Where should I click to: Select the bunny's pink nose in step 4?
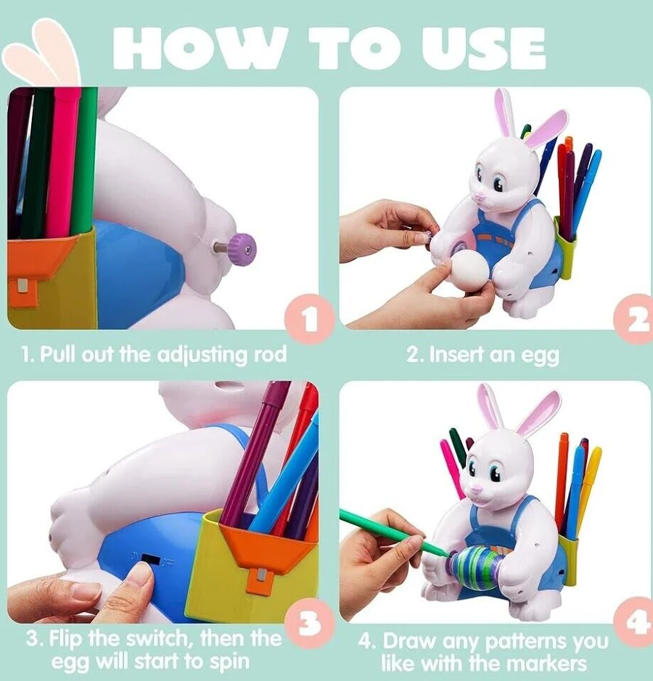(476, 490)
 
